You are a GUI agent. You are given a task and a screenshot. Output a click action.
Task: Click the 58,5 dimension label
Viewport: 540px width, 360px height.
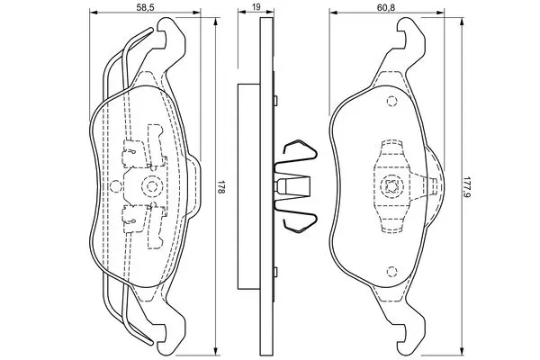[145, 7]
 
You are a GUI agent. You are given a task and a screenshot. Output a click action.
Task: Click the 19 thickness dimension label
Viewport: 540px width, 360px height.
[256, 6]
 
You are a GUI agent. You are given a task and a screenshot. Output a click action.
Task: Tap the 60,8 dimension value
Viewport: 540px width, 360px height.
[386, 7]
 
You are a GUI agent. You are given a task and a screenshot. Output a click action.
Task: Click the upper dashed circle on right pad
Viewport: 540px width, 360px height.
[391, 102]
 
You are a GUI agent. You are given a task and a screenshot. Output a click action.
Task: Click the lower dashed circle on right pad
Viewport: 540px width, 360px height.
[391, 272]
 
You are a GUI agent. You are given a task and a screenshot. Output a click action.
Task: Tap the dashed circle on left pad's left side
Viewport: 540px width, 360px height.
[115, 186]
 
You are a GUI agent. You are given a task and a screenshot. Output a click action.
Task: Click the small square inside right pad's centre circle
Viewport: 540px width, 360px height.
[391, 186]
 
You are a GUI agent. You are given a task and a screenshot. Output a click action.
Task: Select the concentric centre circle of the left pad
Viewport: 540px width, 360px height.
[151, 186]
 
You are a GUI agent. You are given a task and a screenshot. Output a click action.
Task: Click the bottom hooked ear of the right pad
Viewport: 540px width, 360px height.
[410, 339]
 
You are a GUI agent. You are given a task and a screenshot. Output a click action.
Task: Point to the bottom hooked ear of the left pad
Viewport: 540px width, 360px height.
[171, 339]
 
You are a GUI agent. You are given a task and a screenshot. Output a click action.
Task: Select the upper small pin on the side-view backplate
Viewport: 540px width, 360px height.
[275, 100]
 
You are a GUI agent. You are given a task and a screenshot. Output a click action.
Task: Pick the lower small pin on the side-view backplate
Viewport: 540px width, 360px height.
[275, 272]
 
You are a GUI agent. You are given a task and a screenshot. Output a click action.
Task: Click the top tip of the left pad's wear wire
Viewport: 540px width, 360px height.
[151, 29]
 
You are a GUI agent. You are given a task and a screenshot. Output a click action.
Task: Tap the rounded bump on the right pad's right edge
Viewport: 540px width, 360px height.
[435, 186]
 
